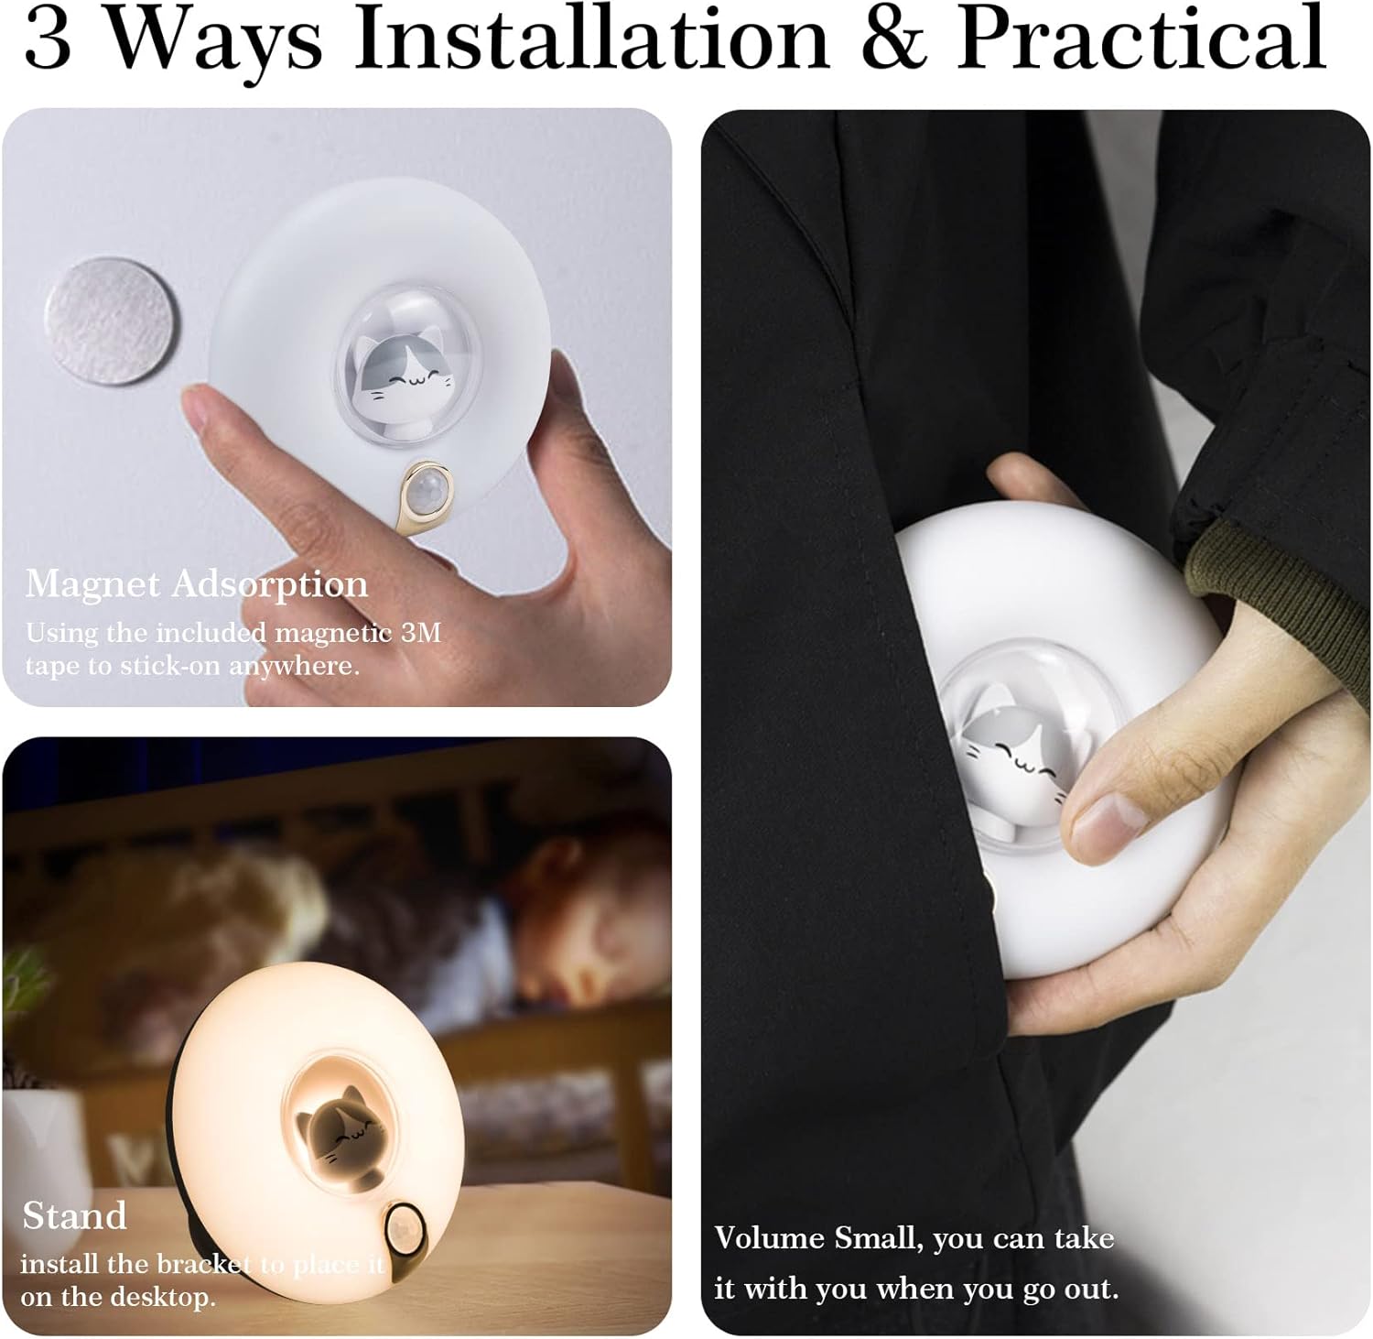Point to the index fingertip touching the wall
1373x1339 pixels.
pyautogui.click(x=202, y=409)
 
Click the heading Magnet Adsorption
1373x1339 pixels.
pyautogui.click(x=197, y=583)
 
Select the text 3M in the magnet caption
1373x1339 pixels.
pyautogui.click(x=422, y=632)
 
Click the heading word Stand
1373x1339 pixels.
pyautogui.click(x=74, y=1216)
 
